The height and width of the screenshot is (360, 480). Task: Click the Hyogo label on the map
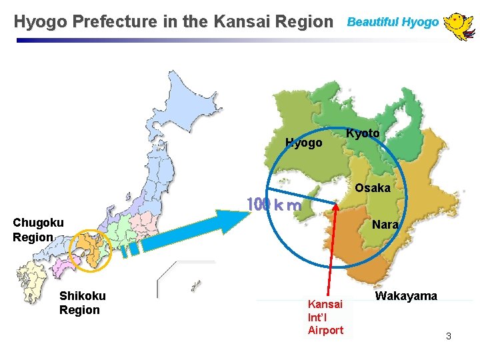[x=303, y=143]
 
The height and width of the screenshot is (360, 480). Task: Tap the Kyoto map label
[x=363, y=133]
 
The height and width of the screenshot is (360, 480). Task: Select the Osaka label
[x=372, y=188]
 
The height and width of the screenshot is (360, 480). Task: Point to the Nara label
[x=385, y=225]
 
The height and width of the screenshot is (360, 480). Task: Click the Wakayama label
[x=406, y=296]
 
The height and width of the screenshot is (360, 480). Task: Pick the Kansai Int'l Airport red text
[x=325, y=317]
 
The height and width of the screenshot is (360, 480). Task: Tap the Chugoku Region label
[x=38, y=229]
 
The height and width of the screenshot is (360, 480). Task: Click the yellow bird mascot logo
[x=459, y=25]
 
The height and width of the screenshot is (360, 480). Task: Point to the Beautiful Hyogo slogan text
[x=393, y=22]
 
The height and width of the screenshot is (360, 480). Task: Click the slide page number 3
[x=448, y=336]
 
